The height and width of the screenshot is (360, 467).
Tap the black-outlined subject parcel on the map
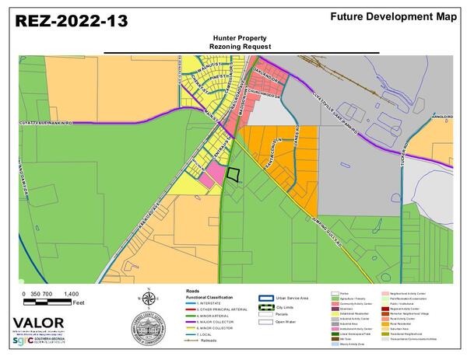[x=233, y=175]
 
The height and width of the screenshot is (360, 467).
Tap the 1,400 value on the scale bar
[x=71, y=293]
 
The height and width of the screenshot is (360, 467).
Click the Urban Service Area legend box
[x=265, y=298]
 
